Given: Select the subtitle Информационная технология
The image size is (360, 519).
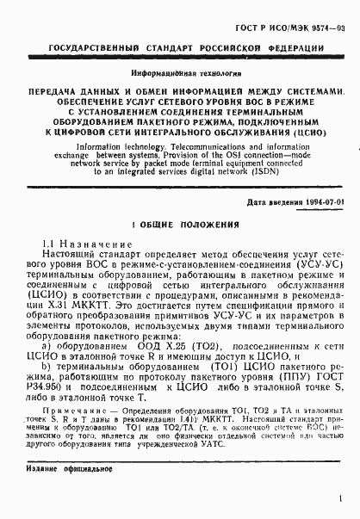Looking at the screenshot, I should point(181,76).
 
